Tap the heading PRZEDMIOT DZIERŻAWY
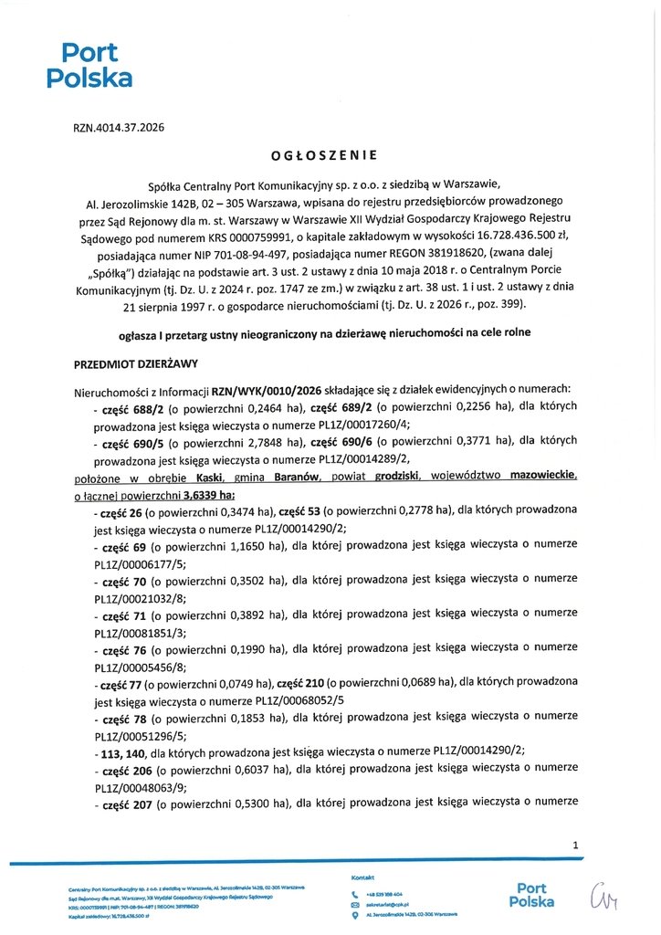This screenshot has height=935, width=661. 135,363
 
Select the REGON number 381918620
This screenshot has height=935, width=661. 443,251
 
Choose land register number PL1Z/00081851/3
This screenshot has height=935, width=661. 140,632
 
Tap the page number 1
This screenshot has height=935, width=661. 575,846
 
